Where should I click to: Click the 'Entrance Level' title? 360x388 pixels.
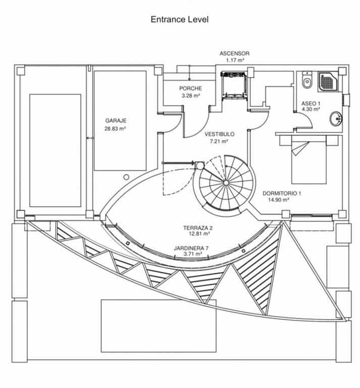[179, 20]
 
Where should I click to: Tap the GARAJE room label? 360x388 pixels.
[115, 121]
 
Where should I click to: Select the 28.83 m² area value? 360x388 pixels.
[115, 129]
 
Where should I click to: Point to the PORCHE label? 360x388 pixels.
[190, 88]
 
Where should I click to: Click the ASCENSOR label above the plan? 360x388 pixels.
[234, 53]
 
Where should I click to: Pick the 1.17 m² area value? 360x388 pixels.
[234, 60]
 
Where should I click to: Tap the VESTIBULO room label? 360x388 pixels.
[219, 134]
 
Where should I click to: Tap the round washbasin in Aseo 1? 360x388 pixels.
[336, 119]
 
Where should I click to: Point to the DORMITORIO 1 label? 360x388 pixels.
[282, 192]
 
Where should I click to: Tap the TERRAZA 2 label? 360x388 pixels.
[197, 228]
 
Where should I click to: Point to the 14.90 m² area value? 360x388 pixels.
[279, 200]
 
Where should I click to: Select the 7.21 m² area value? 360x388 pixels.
[219, 141]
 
